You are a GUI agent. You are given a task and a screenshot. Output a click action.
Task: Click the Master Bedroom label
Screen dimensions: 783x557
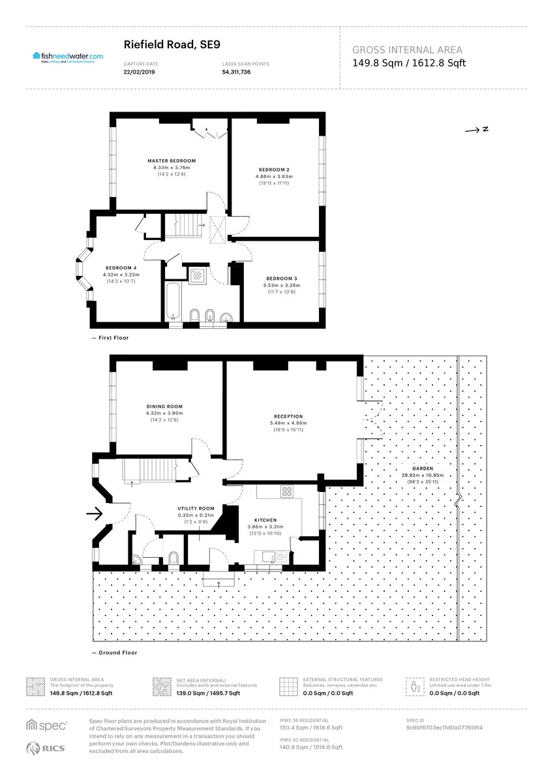pos(171,161)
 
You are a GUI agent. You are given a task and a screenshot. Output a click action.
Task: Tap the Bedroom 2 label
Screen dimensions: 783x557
pos(273,170)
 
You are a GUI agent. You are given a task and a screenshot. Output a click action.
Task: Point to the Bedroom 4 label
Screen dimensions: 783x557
pos(121,268)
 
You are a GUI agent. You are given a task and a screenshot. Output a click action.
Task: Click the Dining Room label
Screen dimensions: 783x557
pos(164,407)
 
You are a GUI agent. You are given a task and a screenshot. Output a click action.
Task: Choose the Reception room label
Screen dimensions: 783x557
pos(288,416)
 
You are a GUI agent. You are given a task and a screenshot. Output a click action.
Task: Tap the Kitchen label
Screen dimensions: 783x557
pos(266,520)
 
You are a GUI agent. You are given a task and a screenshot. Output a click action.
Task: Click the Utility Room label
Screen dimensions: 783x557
pos(196,508)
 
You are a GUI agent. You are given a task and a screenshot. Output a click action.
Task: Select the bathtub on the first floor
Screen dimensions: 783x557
pos(173,299)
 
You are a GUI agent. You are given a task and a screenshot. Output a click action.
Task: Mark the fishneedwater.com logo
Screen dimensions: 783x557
pos(68,57)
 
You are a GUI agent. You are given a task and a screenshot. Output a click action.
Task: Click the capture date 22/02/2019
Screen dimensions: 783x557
pos(136,72)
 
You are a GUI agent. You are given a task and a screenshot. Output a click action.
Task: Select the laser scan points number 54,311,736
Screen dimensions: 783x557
pos(236,72)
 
